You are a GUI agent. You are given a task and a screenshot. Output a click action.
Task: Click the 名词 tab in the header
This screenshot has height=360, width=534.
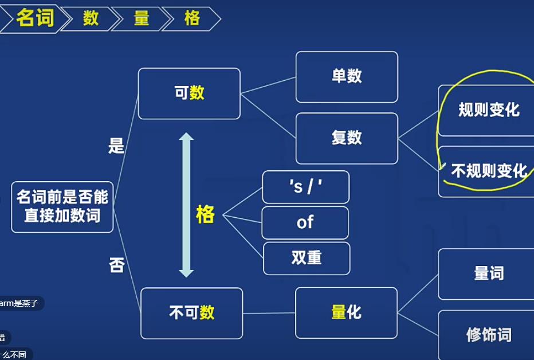34,18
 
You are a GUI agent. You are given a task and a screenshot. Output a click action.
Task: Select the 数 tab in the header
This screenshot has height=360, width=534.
91,18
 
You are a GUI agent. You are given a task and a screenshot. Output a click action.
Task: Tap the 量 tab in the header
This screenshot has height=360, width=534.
142,18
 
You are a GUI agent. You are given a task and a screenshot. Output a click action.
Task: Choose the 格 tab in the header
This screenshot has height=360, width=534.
192,18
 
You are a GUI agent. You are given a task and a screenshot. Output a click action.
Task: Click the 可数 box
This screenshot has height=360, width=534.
189,93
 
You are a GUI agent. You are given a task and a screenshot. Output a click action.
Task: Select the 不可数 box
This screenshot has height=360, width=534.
191,312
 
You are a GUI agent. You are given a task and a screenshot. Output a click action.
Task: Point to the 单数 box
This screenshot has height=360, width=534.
346,77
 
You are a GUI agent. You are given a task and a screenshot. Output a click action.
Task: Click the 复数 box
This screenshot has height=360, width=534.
346,138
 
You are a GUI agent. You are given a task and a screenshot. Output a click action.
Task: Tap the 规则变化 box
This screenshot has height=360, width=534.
488,110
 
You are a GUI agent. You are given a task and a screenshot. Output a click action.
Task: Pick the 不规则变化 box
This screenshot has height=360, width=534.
488,171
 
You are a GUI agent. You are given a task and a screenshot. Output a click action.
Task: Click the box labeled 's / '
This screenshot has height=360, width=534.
305,187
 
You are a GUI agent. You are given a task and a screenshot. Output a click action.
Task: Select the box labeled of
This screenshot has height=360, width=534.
305,222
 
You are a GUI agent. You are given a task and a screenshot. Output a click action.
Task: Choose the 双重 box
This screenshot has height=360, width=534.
306,258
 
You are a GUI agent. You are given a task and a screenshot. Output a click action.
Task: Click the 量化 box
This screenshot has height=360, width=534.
346,312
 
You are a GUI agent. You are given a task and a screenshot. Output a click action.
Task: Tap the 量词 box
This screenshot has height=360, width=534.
488,274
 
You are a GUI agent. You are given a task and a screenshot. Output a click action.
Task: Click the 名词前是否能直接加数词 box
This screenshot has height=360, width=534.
62,207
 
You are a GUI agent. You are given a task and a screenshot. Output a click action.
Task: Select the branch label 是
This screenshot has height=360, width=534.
116,147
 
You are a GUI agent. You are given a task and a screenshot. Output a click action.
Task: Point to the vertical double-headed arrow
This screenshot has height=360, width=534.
186,205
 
